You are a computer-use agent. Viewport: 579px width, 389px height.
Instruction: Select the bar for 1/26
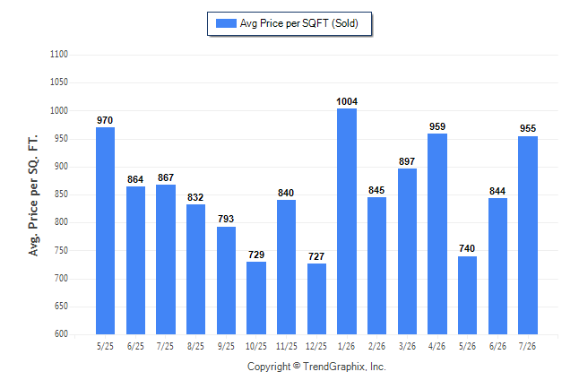tap(347, 221)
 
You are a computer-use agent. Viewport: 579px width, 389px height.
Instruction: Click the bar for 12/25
tap(316, 298)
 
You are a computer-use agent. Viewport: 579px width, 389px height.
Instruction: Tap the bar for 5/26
tap(467, 295)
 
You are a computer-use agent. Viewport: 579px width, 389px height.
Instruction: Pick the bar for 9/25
tap(226, 281)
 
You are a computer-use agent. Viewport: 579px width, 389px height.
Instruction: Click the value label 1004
tap(347, 101)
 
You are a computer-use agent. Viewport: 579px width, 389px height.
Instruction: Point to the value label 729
tap(256, 255)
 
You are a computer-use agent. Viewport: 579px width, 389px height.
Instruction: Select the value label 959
tap(437, 126)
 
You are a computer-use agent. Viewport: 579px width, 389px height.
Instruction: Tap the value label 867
tap(166, 177)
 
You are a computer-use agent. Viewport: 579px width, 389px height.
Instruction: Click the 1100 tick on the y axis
tap(59, 55)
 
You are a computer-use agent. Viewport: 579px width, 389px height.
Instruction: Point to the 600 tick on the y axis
tap(61, 333)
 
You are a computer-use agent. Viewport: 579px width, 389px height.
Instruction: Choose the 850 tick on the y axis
tap(61, 194)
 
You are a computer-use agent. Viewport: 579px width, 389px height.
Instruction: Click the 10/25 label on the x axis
tap(256, 346)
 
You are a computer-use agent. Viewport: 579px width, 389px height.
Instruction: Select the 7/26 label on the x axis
tap(527, 346)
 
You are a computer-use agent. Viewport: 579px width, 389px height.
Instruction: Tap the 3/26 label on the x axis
tap(407, 346)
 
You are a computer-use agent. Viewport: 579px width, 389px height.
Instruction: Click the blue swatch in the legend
tap(226, 23)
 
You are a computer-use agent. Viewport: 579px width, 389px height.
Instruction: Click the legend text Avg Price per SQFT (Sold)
tap(299, 23)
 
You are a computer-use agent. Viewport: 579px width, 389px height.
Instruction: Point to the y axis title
tap(33, 195)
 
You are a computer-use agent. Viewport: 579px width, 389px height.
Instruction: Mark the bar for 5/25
tap(105, 231)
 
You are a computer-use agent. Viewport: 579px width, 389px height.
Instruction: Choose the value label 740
tap(467, 248)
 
